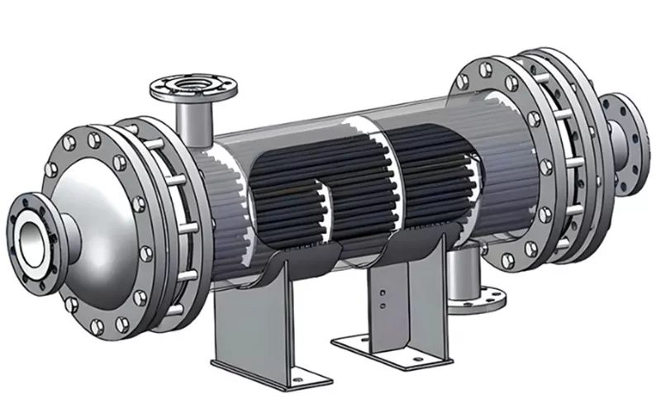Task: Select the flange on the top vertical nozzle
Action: tap(195, 86)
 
